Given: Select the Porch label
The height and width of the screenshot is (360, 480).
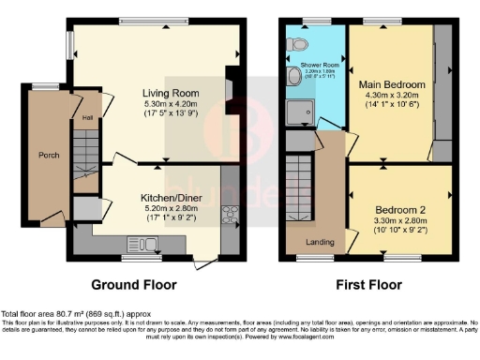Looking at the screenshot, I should coord(49,155).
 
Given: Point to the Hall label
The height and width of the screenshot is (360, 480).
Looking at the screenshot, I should coord(86,117).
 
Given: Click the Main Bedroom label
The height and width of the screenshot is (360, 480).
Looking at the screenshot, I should coord(392,82).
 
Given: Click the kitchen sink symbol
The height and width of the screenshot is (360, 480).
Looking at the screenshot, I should coord(144,246).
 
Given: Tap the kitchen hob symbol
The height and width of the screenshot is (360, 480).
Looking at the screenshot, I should coord(227,214).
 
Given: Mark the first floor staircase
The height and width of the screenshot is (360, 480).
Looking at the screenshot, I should coord(300,184).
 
